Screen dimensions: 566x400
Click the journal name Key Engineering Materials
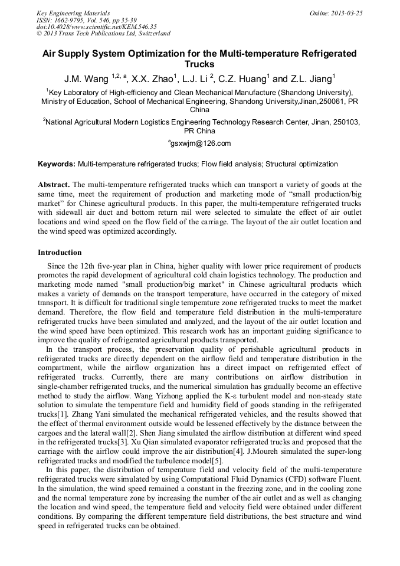click(x=73, y=13)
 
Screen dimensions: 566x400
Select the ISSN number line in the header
click(x=87, y=20)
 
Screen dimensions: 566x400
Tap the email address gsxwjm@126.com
click(x=201, y=143)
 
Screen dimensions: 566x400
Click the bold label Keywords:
click(x=57, y=163)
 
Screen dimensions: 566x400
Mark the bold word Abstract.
click(x=54, y=185)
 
